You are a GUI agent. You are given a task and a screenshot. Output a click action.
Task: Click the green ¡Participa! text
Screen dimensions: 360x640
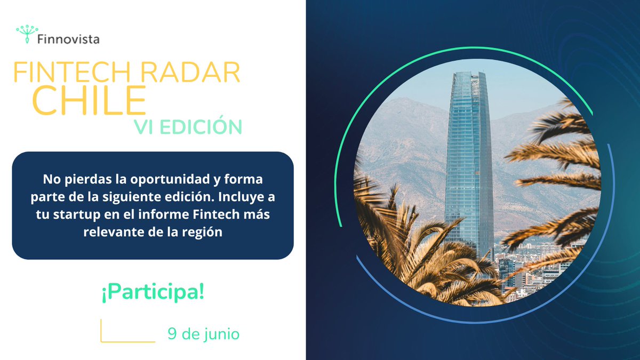pos(152,293)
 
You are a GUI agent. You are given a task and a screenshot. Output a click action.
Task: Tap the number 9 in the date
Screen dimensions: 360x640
pos(172,334)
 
